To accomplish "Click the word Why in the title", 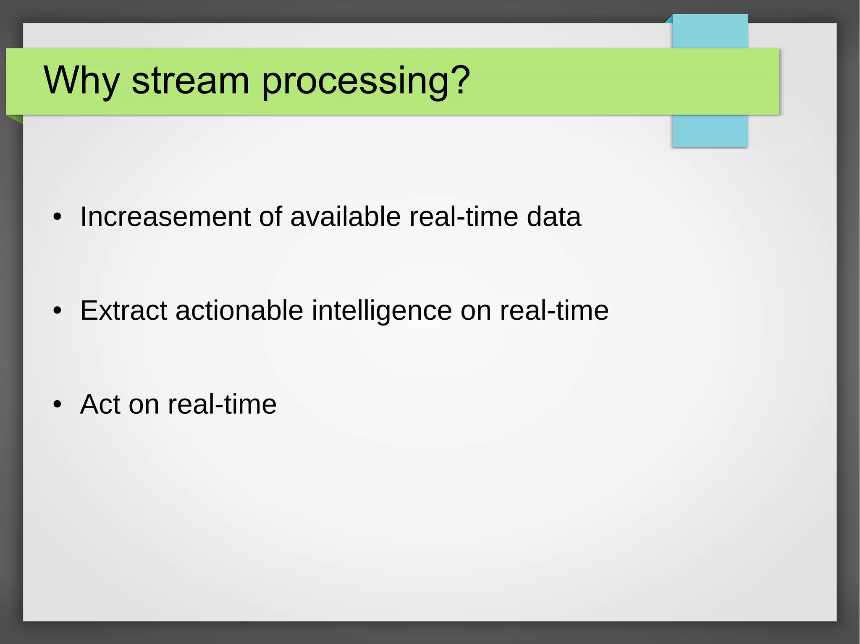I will pos(81,81).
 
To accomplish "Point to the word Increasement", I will pos(165,217).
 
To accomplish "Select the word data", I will pos(553,217).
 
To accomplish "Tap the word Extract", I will pos(123,311).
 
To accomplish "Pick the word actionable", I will pos(239,311).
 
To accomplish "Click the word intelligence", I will pos(381,311).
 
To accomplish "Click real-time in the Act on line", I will pos(222,404).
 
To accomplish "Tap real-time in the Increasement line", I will pos(464,217).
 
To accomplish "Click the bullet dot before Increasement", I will pos(58,218).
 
